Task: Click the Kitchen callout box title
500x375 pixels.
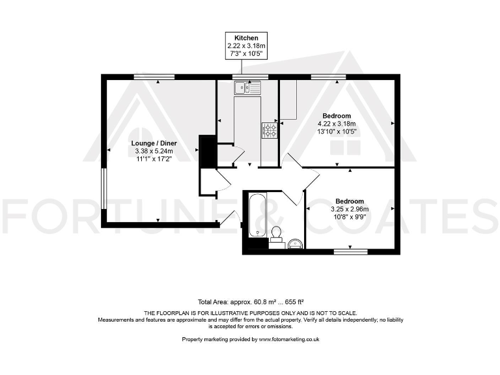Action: (247, 38)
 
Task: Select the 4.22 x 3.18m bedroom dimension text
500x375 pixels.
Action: (337, 124)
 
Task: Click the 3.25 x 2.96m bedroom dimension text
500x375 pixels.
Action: (350, 209)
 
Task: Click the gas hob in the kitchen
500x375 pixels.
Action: (270, 130)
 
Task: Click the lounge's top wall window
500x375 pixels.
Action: (155, 77)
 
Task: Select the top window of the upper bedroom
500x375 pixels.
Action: (328, 77)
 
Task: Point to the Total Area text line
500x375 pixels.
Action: (251, 302)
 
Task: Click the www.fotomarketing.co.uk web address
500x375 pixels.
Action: (289, 339)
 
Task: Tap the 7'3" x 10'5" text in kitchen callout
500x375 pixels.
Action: (247, 54)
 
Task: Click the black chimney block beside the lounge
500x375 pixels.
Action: (206, 151)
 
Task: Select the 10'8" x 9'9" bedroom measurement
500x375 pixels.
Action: (350, 217)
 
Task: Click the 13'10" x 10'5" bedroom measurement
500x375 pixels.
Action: (337, 132)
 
